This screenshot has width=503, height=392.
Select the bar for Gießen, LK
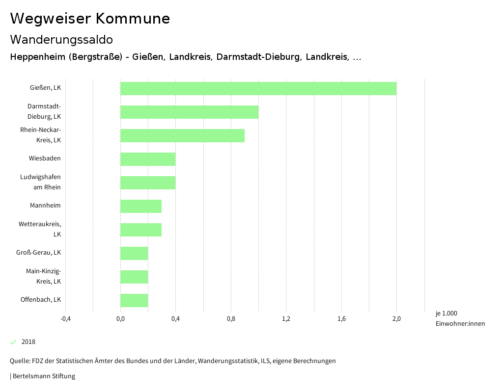point(258,88)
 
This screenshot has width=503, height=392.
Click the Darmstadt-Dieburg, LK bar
point(189,112)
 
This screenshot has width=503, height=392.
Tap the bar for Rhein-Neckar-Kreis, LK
point(182,135)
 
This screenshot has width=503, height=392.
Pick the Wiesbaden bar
point(148,159)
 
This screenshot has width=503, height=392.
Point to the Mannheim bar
point(141,206)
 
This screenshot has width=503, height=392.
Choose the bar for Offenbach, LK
point(134,300)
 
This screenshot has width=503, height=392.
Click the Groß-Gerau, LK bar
point(134,253)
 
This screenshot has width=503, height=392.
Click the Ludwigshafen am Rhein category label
point(40,182)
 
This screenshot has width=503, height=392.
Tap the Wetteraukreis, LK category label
point(40,229)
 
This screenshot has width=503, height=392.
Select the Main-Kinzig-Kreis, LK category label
point(43,276)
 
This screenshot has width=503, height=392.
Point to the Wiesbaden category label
point(45,158)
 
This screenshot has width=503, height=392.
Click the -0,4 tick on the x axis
point(65,319)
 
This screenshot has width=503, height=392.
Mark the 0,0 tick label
point(120,319)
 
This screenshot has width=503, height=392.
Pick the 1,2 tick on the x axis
point(286,319)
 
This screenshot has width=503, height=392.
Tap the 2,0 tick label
point(396,319)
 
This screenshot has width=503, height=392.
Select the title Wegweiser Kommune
point(90,19)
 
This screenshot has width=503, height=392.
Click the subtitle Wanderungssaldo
point(61,39)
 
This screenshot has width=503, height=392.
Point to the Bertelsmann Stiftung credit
point(43,376)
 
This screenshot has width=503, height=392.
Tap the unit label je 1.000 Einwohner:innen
point(460,318)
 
